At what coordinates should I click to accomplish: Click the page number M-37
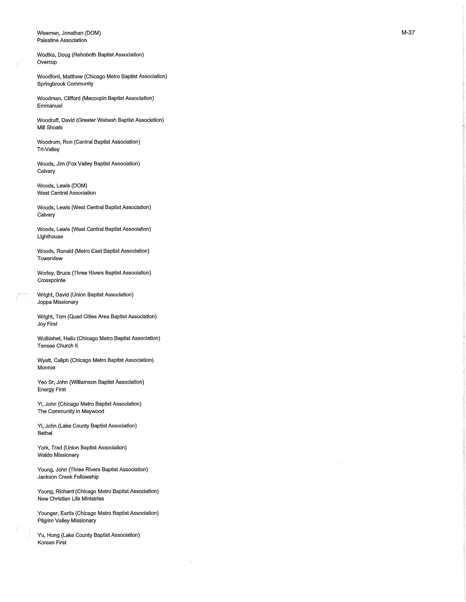click(408, 33)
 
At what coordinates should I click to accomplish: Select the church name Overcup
click(47, 62)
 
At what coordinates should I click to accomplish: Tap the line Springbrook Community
click(65, 84)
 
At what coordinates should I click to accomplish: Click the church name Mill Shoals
click(50, 128)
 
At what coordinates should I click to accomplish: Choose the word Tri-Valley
click(48, 149)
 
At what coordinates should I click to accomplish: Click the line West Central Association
click(67, 193)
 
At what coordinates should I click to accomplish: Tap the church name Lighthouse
click(50, 237)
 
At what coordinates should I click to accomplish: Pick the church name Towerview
click(50, 259)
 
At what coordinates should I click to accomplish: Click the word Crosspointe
click(51, 280)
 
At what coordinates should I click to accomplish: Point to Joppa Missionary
click(58, 302)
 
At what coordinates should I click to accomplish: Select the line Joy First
click(47, 324)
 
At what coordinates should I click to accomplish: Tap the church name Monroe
click(46, 368)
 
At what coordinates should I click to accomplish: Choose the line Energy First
click(52, 389)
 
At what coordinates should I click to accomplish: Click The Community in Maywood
click(71, 411)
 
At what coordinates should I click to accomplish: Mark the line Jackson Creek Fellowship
click(68, 477)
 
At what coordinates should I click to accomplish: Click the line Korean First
click(52, 542)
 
